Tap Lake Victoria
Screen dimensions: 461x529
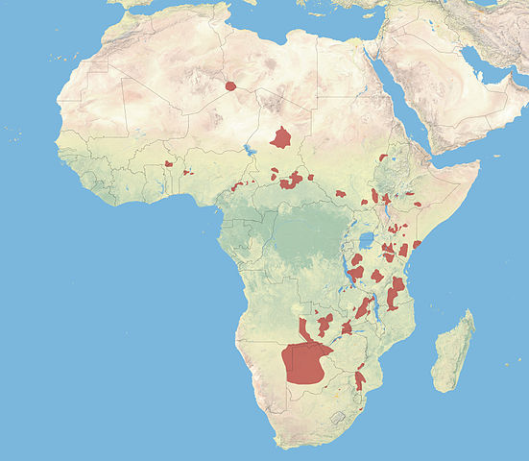(x=367, y=240)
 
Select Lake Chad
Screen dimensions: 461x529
(x=252, y=151)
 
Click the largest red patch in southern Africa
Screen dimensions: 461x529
(x=305, y=363)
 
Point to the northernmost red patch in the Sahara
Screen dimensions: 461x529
(x=231, y=85)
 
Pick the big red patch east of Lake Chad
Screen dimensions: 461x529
(x=281, y=137)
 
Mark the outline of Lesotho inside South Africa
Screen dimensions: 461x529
(x=337, y=417)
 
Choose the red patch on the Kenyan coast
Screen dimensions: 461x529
(x=417, y=244)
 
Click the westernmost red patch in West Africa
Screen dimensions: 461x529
(x=168, y=164)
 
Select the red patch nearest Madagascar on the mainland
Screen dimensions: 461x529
(x=360, y=380)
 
